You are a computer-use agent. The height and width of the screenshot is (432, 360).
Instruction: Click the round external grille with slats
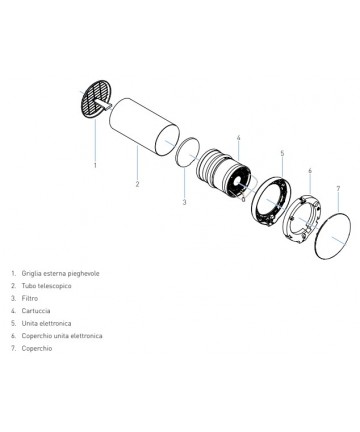pos(96,98)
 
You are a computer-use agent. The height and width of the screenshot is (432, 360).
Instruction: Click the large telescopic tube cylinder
pos(144,126)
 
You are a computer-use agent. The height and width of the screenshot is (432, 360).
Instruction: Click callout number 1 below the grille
pos(95,165)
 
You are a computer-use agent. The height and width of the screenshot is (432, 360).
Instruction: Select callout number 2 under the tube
pos(137,184)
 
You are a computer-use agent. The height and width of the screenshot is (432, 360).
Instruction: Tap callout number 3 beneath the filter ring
pos(184,202)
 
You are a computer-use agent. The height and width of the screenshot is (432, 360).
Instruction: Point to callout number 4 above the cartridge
pos(238,138)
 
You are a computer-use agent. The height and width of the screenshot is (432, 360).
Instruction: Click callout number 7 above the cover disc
pos(338,189)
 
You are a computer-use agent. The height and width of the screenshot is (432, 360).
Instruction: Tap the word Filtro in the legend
pos(30,298)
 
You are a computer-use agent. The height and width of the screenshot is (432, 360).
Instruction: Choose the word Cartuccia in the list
pos(36,311)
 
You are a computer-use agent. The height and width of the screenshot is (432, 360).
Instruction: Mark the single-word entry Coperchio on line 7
pos(37,349)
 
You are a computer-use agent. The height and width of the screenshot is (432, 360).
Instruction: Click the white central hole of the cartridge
pos(238,181)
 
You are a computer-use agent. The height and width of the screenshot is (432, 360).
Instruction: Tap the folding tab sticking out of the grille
pos(103,103)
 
